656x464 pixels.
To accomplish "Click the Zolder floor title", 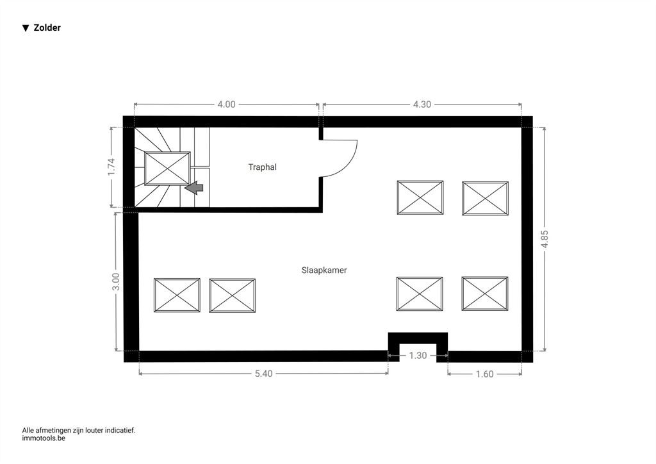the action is tap(47, 28).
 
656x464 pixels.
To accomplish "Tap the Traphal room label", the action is tap(262, 167).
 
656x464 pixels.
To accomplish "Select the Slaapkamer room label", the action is tap(324, 270).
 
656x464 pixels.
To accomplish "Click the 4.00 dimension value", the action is tap(226, 104).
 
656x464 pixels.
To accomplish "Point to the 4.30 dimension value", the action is tap(422, 104).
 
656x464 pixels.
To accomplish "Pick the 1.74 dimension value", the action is tap(111, 167).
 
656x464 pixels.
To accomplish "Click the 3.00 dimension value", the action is tap(116, 281).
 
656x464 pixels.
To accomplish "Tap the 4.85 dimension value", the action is tap(545, 239).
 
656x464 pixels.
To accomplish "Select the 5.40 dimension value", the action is tap(263, 374).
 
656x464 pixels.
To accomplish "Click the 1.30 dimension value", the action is tap(418, 356).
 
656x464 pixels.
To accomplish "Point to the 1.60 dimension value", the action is tap(485, 374).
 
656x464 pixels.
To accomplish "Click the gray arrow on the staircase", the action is tap(193, 188).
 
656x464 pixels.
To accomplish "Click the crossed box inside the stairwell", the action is tap(167, 168).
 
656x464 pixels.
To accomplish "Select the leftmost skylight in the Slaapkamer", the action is tap(177, 295).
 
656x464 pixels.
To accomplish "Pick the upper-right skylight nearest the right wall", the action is tap(486, 198).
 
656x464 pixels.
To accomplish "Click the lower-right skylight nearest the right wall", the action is tap(485, 294).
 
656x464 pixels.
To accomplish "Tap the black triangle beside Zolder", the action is tap(26, 28).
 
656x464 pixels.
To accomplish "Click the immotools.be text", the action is tap(44, 438).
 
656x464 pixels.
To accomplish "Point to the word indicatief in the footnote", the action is tap(120, 430).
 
